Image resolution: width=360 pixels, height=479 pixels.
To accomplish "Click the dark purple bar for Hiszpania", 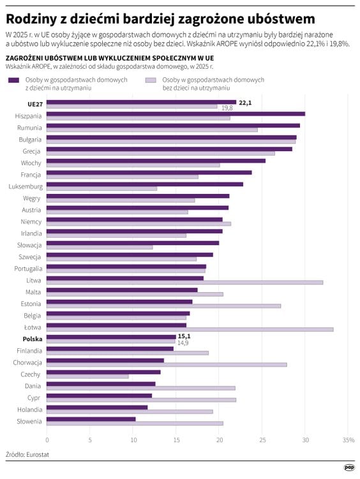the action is (x=176, y=114).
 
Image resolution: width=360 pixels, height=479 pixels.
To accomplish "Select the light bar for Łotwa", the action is (x=190, y=330).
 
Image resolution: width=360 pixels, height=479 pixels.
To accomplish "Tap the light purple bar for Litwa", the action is (x=184, y=283).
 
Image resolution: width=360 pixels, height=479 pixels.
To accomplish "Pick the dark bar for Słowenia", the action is (x=91, y=419).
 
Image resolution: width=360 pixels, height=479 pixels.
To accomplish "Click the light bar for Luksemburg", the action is (x=101, y=189).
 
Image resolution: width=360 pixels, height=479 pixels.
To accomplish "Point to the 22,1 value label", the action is (x=245, y=103).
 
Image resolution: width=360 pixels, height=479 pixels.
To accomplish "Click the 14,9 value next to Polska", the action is (x=183, y=343).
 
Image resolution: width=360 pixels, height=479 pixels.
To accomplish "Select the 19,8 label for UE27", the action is (x=227, y=108).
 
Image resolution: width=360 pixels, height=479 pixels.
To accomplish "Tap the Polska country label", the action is (x=33, y=339).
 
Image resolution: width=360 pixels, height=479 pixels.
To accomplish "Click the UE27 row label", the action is (x=35, y=104).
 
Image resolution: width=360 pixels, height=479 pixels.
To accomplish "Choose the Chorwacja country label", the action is (x=27, y=363).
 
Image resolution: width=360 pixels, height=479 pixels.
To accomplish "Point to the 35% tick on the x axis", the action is (x=349, y=440).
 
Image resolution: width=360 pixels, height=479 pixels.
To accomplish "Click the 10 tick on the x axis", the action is (x=133, y=440).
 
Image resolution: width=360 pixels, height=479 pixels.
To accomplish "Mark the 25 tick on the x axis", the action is (x=263, y=440).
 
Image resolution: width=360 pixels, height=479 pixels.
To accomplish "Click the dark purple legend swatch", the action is (x=14, y=80).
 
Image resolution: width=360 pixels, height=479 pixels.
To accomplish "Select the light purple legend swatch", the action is (x=151, y=80).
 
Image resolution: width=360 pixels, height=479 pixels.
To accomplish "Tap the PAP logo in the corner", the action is (x=349, y=468).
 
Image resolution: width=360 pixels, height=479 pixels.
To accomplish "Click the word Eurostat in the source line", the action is (x=38, y=455).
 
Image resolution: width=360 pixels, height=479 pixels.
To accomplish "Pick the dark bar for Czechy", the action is (x=103, y=372).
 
